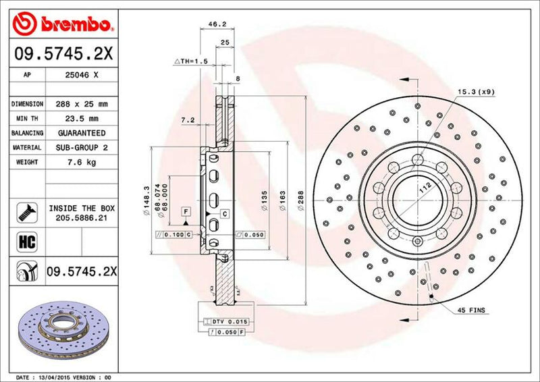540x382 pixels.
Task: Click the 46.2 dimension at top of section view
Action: pos(216,24)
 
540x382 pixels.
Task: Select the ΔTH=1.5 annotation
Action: pos(191,61)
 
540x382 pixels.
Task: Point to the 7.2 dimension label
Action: pos(188,120)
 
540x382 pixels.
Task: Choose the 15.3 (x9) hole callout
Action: pos(477,90)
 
